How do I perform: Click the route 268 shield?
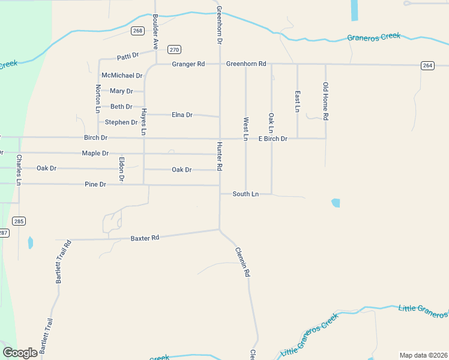pyautogui.click(x=138, y=31)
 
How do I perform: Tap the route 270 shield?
pyautogui.click(x=174, y=50)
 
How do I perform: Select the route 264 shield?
pyautogui.click(x=427, y=65)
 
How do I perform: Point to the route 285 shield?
pyautogui.click(x=19, y=221)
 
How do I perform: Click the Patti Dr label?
pyautogui.click(x=128, y=56)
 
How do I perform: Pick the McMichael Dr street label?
pyautogui.click(x=122, y=76)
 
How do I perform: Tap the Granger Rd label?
pyautogui.click(x=188, y=64)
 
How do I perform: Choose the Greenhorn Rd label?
pyautogui.click(x=246, y=64)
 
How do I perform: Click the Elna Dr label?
pyautogui.click(x=182, y=115)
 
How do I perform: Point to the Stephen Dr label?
pyautogui.click(x=121, y=122)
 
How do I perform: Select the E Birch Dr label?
pyautogui.click(x=273, y=139)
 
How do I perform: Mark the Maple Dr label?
pyautogui.click(x=95, y=154)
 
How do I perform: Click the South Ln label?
pyautogui.click(x=246, y=194)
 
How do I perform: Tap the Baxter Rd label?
pyautogui.click(x=145, y=238)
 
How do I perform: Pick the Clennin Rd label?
pyautogui.click(x=242, y=262)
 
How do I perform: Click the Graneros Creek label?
pyautogui.click(x=373, y=37)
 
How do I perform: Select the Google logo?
pyautogui.click(x=20, y=353)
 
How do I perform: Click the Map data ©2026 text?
pyautogui.click(x=423, y=355)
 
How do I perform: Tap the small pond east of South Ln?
pyautogui.click(x=336, y=203)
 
